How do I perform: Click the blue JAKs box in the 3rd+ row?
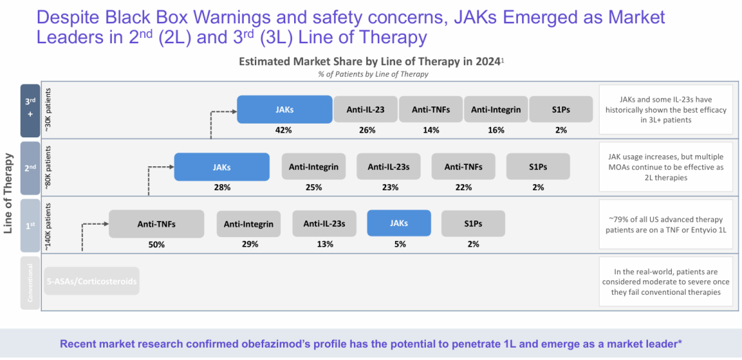click(284, 109)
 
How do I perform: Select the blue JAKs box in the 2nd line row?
click(221, 167)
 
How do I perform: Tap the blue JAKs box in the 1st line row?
click(398, 223)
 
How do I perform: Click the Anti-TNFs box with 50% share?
click(156, 224)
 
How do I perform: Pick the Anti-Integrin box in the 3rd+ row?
click(496, 109)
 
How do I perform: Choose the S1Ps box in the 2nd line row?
click(538, 167)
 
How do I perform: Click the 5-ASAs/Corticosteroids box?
click(91, 281)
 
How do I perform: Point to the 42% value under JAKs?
click(284, 130)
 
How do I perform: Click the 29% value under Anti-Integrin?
click(249, 244)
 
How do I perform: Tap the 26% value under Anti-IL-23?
click(366, 130)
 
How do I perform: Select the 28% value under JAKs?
click(221, 187)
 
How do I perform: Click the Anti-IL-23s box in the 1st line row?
click(324, 223)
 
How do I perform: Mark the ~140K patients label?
click(47, 225)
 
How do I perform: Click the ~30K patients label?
click(47, 109)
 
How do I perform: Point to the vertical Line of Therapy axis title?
click(9, 194)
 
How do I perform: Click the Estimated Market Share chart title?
click(371, 61)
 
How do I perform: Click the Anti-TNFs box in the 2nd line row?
click(463, 167)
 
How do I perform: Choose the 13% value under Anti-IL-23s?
click(324, 244)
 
